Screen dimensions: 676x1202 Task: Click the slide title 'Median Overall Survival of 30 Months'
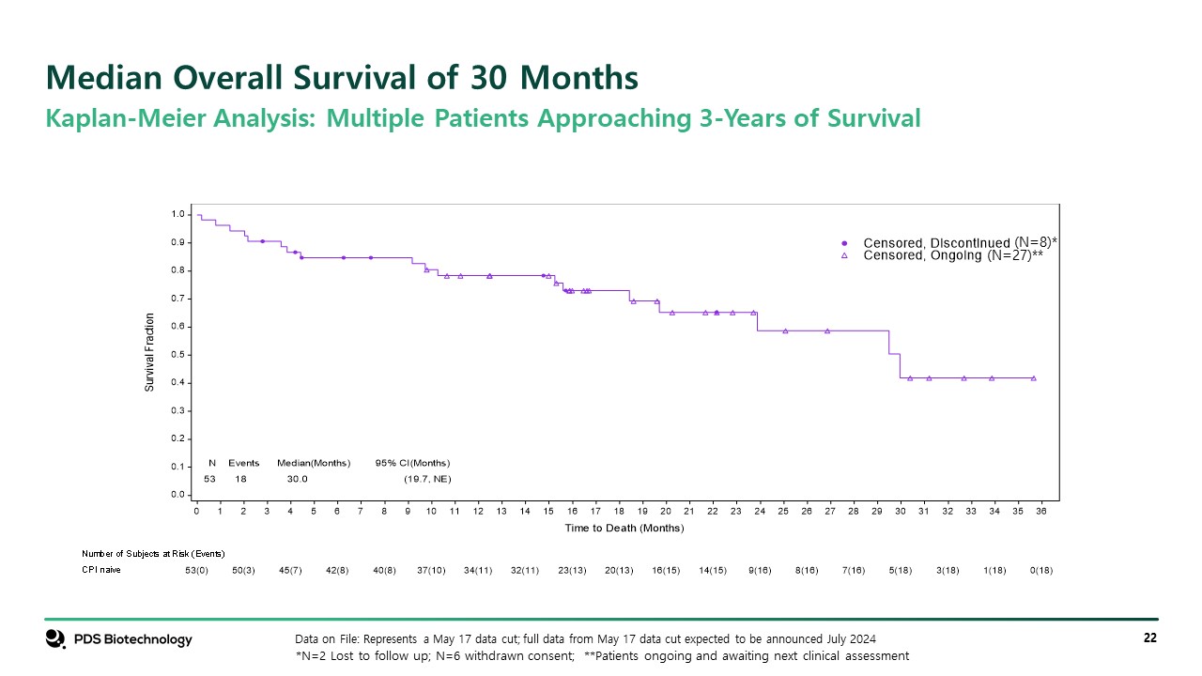pyautogui.click(x=343, y=77)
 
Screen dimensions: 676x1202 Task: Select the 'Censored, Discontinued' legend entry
pyautogui.click(x=937, y=242)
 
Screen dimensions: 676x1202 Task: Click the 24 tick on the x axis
pyautogui.click(x=760, y=511)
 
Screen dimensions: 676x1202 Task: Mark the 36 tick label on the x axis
pyautogui.click(x=1041, y=511)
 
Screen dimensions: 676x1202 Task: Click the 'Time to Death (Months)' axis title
pyautogui.click(x=624, y=529)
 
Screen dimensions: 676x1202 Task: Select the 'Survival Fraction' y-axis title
pyautogui.click(x=149, y=352)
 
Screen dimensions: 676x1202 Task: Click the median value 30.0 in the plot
pyautogui.click(x=297, y=479)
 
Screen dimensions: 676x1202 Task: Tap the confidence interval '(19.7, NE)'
pyautogui.click(x=425, y=479)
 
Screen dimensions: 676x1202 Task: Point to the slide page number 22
pyautogui.click(x=1149, y=638)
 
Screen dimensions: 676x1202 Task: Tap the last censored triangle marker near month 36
pyautogui.click(x=1033, y=378)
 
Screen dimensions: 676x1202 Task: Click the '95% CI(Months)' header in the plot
pyautogui.click(x=412, y=463)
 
